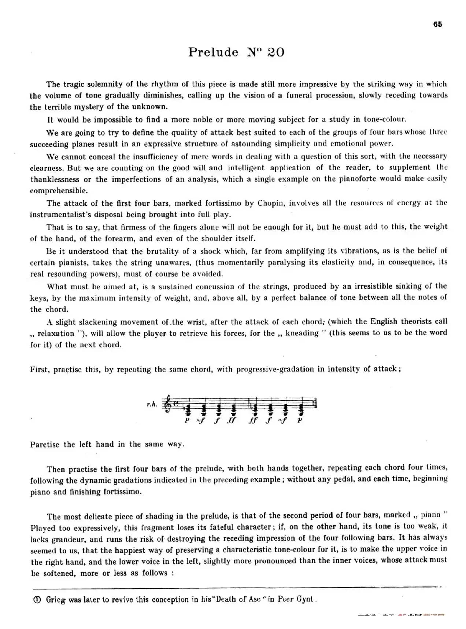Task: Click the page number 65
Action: pyautogui.click(x=437, y=24)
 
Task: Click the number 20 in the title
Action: pyautogui.click(x=275, y=52)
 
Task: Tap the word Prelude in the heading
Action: pyautogui.click(x=213, y=52)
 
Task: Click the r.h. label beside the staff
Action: pyautogui.click(x=152, y=404)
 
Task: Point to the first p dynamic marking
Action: pyautogui.click(x=187, y=420)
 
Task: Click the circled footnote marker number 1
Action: pyautogui.click(x=37, y=599)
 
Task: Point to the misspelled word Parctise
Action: pyautogui.click(x=45, y=444)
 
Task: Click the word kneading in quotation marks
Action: pyautogui.click(x=302, y=333)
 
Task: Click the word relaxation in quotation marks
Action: pyautogui.click(x=56, y=333)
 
